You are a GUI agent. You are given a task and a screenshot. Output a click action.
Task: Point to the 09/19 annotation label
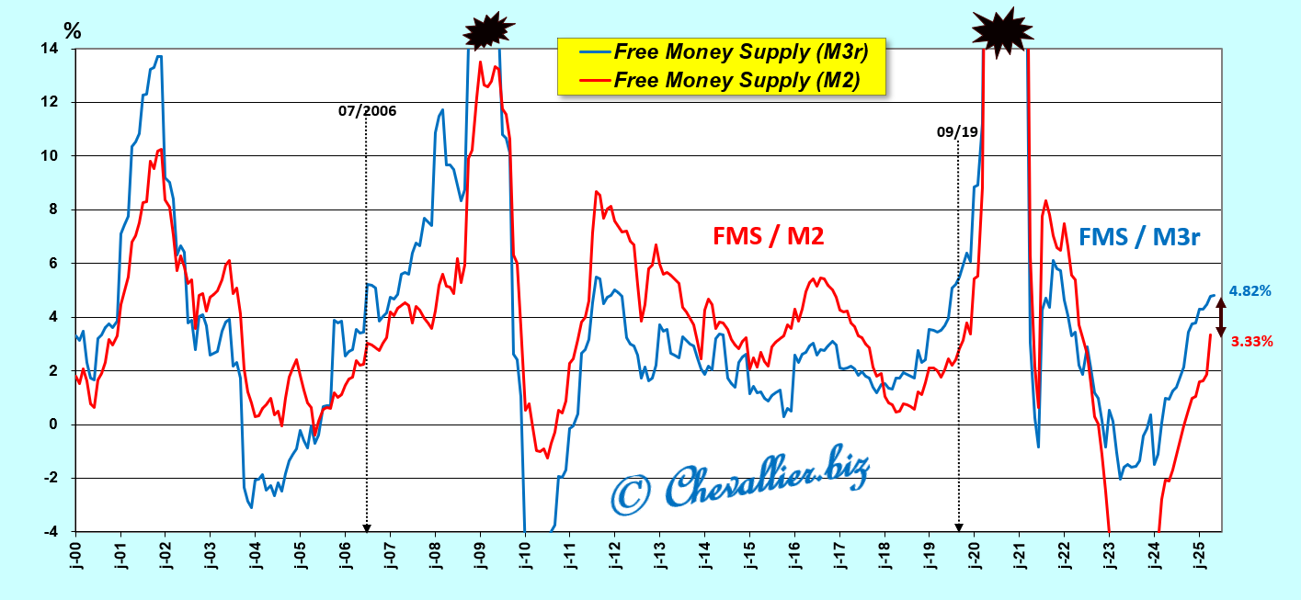957,132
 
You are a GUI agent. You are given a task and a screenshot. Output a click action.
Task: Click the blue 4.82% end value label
1250,290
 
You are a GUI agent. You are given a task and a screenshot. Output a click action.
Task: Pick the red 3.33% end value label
1251,341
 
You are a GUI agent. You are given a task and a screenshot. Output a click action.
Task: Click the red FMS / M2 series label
768,236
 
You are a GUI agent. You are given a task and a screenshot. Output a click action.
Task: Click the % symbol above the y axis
72,30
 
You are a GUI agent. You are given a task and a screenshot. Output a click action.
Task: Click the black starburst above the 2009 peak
487,31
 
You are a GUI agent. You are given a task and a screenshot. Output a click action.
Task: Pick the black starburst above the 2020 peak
1002,30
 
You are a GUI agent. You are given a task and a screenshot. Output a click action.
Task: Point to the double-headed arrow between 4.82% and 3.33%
1221,317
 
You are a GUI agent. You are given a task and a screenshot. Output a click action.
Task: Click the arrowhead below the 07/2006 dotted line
367,527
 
